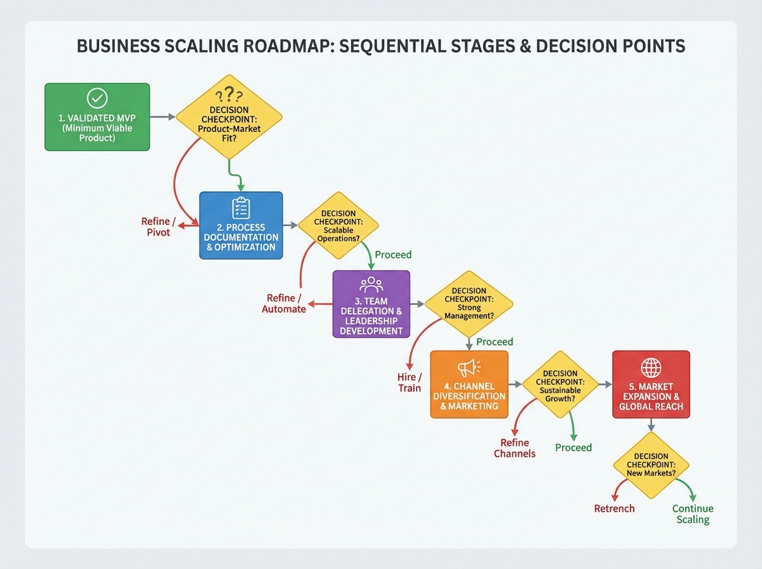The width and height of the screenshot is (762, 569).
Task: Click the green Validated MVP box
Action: click(97, 117)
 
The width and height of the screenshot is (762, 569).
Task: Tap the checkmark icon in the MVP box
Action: click(97, 98)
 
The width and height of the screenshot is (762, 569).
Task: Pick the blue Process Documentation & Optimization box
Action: click(241, 225)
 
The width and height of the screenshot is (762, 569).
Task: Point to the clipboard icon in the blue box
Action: click(241, 208)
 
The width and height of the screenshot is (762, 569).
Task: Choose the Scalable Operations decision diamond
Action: click(338, 225)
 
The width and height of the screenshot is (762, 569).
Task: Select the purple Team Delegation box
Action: click(371, 304)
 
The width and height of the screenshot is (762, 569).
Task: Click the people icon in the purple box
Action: click(371, 284)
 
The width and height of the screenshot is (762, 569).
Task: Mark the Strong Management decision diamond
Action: click(469, 304)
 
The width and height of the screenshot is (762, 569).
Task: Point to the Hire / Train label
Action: click(410, 382)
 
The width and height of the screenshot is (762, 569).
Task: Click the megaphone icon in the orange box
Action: click(469, 367)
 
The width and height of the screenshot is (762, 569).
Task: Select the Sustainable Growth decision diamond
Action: click(560, 384)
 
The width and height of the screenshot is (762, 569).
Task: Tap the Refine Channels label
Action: click(514, 448)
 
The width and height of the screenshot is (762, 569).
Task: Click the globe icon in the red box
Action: click(651, 367)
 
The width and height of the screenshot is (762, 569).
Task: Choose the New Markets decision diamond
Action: click(651, 465)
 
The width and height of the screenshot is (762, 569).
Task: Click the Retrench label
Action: click(614, 509)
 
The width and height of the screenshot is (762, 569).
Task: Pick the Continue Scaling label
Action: click(693, 514)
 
